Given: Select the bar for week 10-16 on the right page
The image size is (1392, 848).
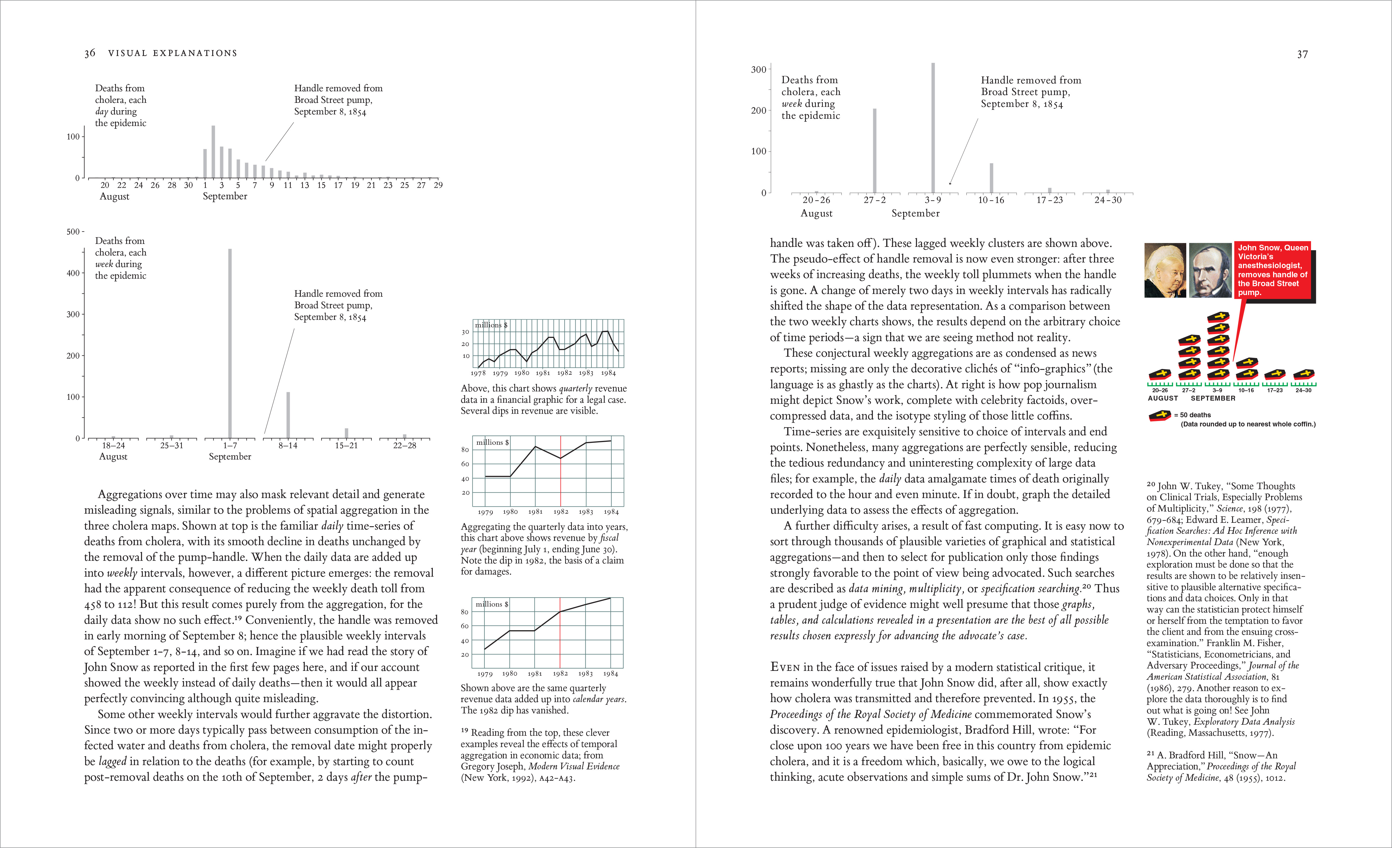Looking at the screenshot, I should pyautogui.click(x=991, y=178).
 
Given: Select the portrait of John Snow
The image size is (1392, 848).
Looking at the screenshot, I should pyautogui.click(x=1210, y=270).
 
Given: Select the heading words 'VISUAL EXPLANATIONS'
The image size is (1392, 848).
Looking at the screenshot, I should pyautogui.click(x=172, y=53).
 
